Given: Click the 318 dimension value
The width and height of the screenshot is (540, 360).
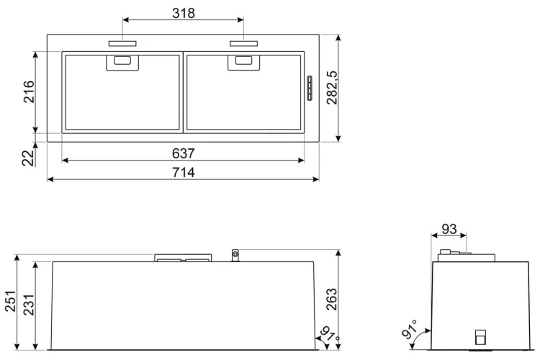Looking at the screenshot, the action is coord(184,13).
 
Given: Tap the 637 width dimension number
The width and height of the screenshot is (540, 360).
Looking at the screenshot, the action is coord(183,153).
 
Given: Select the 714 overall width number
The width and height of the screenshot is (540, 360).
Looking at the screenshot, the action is coord(183,172).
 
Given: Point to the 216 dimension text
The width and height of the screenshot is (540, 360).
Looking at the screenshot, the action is coord(29,91).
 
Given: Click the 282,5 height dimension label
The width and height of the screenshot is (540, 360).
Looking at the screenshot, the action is coord(333,88).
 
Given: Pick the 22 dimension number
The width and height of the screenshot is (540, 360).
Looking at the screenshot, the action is coord(29,158).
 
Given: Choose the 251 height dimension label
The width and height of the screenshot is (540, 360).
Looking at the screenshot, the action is coord(10,301).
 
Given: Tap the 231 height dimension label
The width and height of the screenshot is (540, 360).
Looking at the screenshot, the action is coord(29,305).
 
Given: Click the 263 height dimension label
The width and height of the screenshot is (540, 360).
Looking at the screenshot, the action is coord(331,300).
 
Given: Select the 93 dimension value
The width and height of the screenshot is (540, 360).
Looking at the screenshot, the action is coord(449,229).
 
